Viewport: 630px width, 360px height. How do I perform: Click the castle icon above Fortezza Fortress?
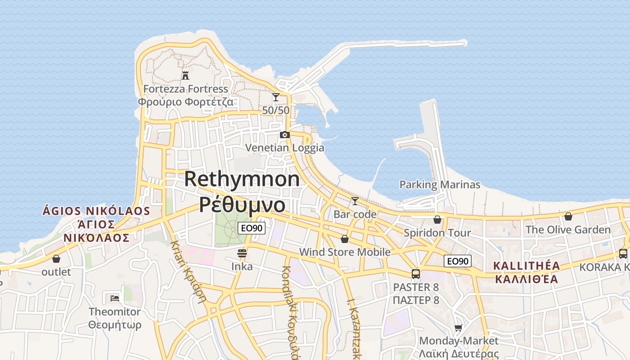tap(185, 75)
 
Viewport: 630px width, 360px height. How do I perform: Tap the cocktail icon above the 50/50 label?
tap(275, 97)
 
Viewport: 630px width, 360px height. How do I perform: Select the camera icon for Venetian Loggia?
tap(284, 135)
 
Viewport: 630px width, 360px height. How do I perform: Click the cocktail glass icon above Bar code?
tap(355, 201)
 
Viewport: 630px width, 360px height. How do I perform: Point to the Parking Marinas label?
tap(440, 184)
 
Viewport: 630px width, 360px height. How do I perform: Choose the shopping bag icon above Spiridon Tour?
tap(437, 220)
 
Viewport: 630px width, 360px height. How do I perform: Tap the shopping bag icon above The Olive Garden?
tap(568, 216)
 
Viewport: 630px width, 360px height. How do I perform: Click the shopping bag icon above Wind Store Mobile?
tap(344, 239)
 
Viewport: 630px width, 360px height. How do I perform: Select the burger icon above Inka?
tap(242, 253)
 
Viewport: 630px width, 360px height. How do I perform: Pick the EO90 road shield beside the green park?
tap(252, 228)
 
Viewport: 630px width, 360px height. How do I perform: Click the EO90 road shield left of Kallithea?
tap(457, 261)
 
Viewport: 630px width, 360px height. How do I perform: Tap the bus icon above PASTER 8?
tap(415, 274)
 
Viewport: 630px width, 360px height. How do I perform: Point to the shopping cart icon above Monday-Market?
tap(458, 328)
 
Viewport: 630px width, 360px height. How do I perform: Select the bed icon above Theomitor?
tap(114, 298)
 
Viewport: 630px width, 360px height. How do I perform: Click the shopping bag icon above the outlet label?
tap(56, 259)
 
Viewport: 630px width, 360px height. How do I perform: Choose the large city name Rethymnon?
tap(242, 179)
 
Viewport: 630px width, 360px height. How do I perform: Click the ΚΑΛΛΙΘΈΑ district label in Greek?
tap(526, 279)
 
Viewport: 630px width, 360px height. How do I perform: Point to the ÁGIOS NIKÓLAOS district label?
tap(96, 211)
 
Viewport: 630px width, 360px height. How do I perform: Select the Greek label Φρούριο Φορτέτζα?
tap(185, 102)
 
